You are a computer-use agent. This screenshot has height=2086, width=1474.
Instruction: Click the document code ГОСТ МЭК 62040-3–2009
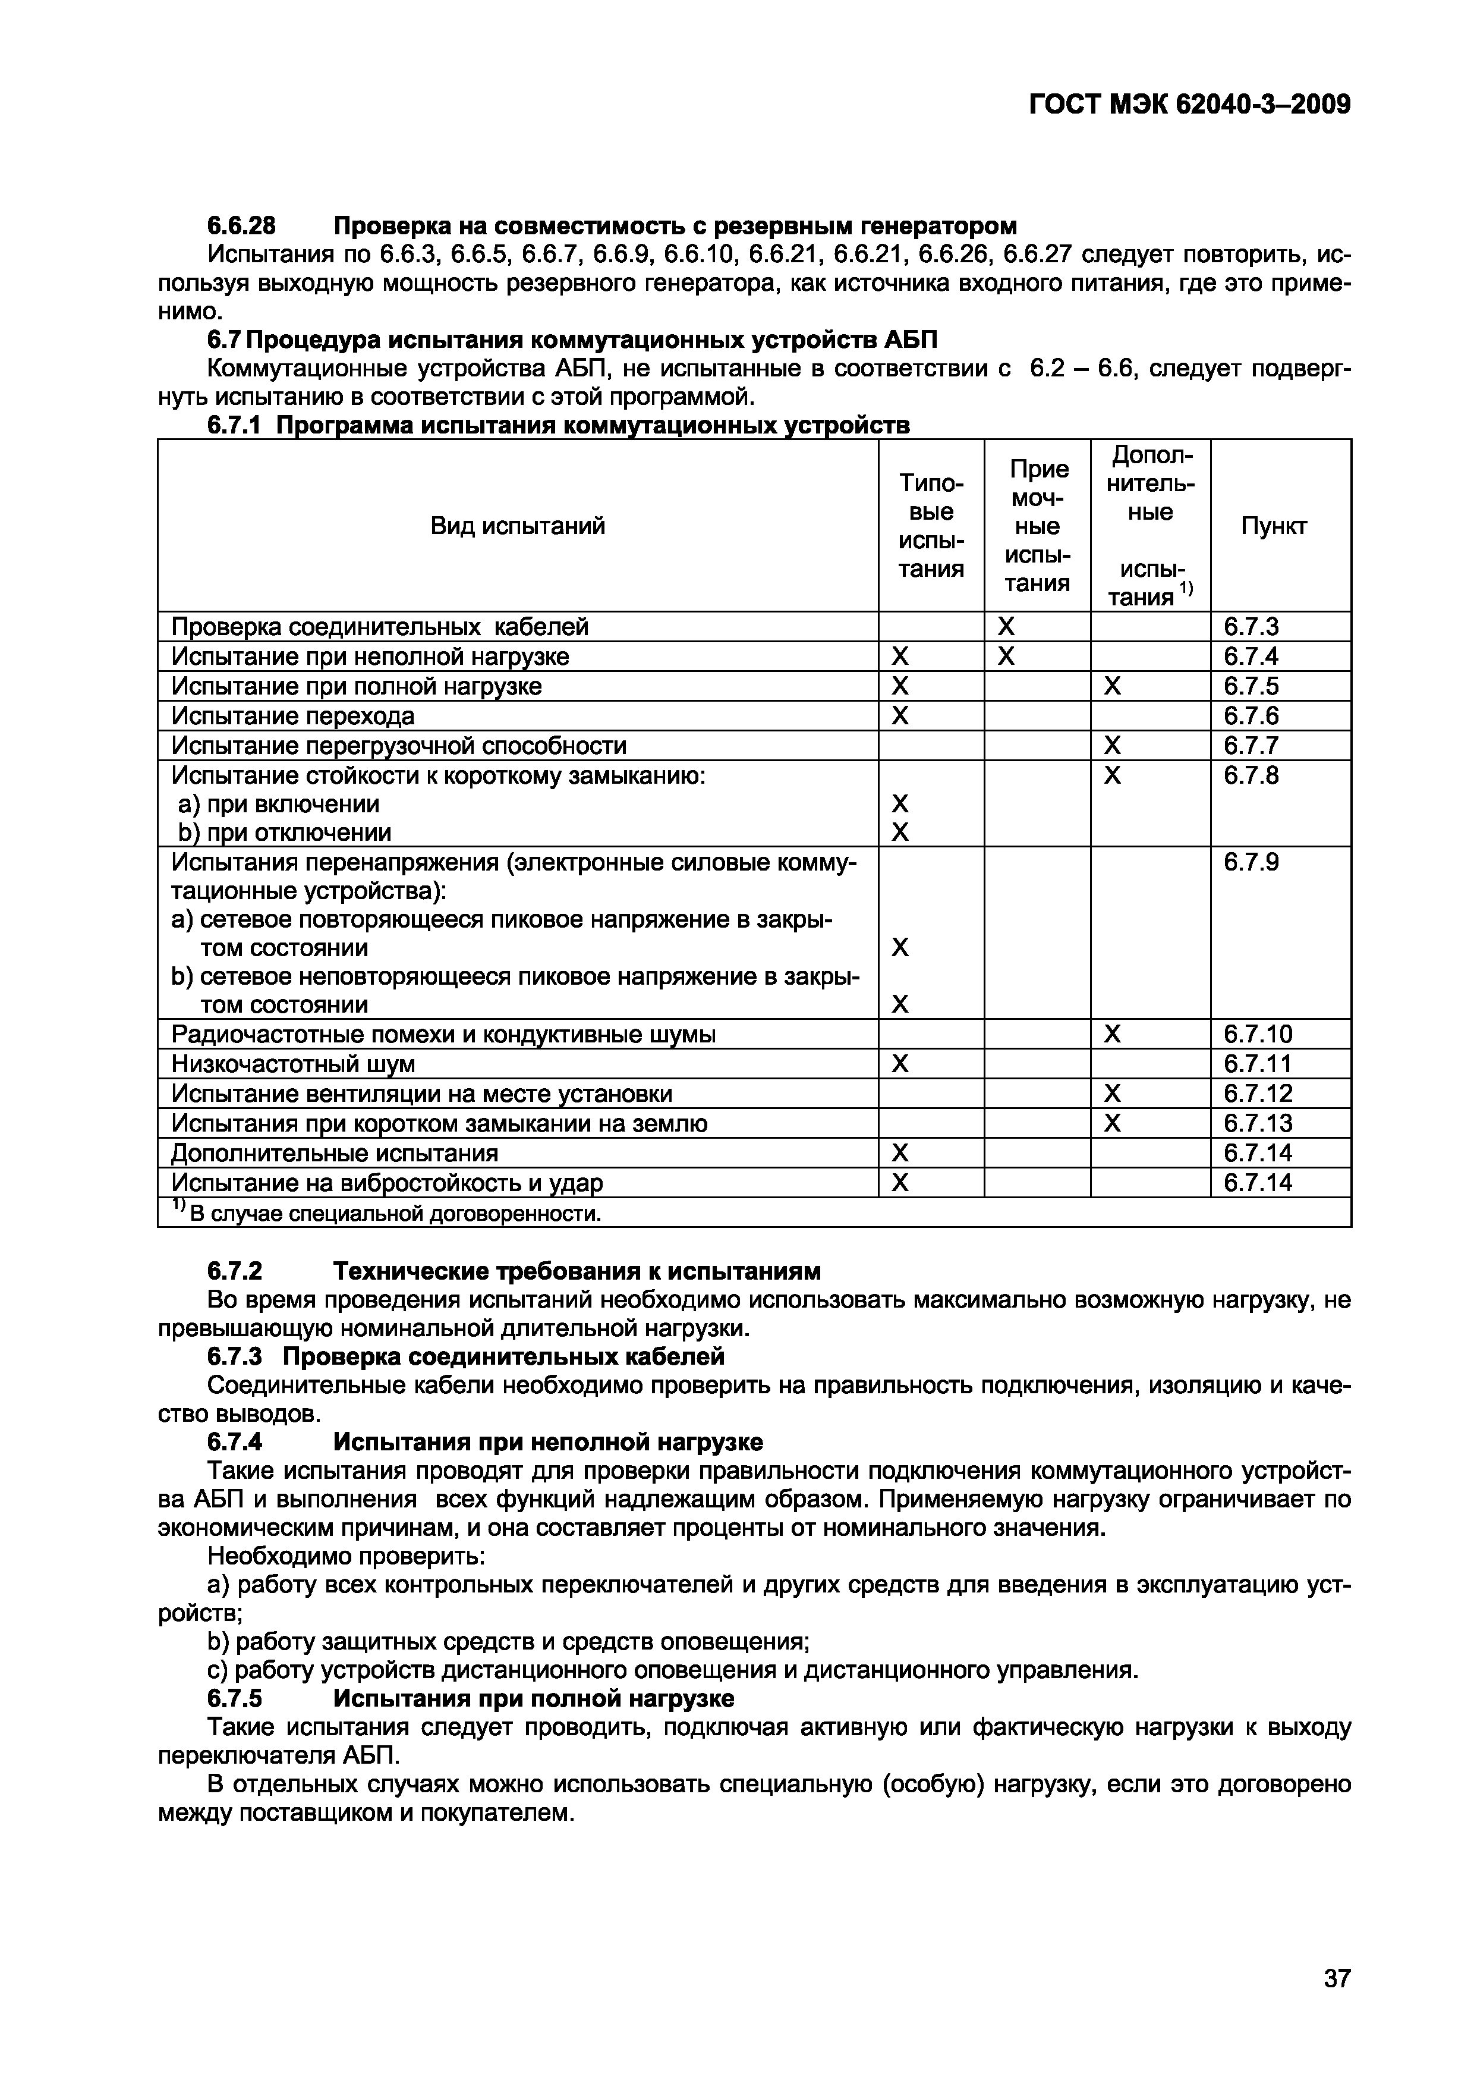coord(1190,105)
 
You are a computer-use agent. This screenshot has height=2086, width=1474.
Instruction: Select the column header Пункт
coord(1273,526)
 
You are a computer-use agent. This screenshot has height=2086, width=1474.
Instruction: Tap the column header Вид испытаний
coord(518,526)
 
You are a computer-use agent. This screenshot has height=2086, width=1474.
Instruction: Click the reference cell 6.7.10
coord(1258,1034)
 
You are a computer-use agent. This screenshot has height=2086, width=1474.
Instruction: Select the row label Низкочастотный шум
coord(294,1064)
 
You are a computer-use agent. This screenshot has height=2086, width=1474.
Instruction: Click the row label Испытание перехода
coord(294,716)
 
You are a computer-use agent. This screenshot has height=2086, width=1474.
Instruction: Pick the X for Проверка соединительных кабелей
coord(1006,627)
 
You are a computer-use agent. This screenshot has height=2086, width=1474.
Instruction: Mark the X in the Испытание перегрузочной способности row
coord(1111,746)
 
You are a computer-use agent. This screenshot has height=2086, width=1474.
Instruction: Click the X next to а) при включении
coord(899,804)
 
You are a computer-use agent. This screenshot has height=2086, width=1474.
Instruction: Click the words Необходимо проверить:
coord(347,1556)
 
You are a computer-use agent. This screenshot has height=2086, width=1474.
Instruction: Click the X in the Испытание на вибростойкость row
coord(899,1182)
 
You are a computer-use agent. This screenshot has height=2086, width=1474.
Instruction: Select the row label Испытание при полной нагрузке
coord(357,686)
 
